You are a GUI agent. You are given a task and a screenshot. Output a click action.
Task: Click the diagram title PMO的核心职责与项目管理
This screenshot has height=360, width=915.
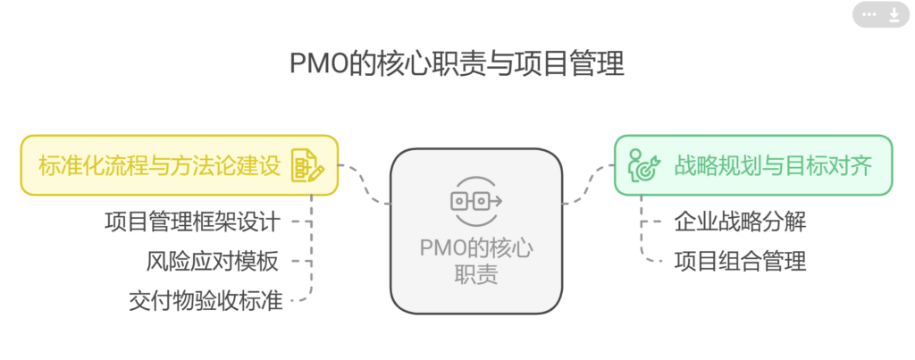coord(457,64)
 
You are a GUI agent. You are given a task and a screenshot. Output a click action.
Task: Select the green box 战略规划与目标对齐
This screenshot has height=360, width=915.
coord(752,165)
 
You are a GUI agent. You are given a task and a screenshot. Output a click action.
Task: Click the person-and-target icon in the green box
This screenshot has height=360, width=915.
coord(643,165)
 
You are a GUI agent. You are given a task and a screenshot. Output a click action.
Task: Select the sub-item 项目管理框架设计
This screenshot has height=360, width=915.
coord(192,221)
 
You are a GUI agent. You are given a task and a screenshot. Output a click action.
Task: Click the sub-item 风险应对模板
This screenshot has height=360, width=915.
coord(213,262)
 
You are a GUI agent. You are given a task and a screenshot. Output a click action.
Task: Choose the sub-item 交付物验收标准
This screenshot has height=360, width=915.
coord(206,301)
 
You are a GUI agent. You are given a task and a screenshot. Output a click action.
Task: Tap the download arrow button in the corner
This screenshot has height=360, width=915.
coord(894,14)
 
